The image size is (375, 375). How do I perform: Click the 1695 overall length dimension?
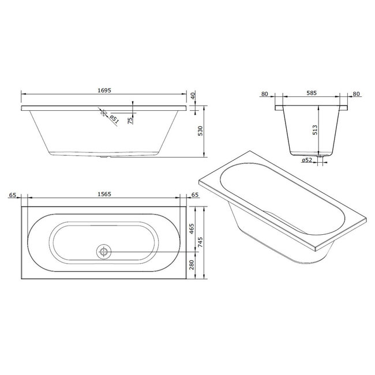coord(104,89)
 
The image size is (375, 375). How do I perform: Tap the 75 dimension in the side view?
coord(131,119)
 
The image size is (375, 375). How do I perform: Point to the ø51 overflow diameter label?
coord(114,120)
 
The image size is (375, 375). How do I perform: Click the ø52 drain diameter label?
coord(307,160)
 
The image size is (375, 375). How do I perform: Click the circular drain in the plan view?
coord(104,252)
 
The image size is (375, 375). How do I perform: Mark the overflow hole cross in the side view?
coord(104,114)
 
